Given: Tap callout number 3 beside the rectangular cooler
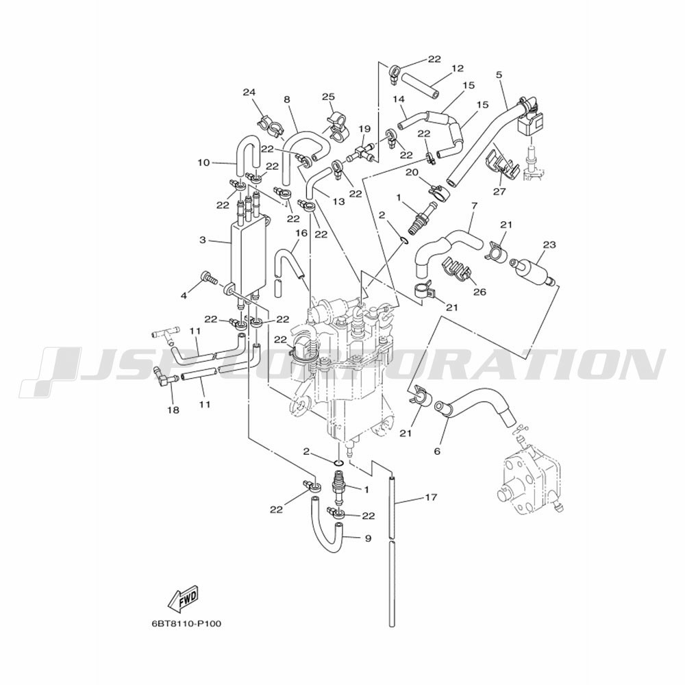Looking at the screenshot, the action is pos(202,240).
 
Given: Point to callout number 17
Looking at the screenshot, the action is pos(431,497).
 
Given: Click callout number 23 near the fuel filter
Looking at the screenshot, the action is pos(549,245).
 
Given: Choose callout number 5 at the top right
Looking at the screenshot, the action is pos(499,75).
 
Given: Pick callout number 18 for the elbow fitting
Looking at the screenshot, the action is pos(173,410).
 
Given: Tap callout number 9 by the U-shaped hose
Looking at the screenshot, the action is pos(367,538).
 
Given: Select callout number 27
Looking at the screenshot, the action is pos(499,191).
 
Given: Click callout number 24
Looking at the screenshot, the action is pos(249,92).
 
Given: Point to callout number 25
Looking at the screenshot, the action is pos(328,97).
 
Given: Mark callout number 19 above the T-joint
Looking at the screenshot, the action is pos(364,129).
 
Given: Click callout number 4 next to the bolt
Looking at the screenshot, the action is pos(184,296).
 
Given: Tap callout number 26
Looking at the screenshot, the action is pos(480,291).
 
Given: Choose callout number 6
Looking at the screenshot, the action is pos(437,451).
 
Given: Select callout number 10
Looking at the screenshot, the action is pos(203,162).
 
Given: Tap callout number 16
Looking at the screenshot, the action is pos(301,233).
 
